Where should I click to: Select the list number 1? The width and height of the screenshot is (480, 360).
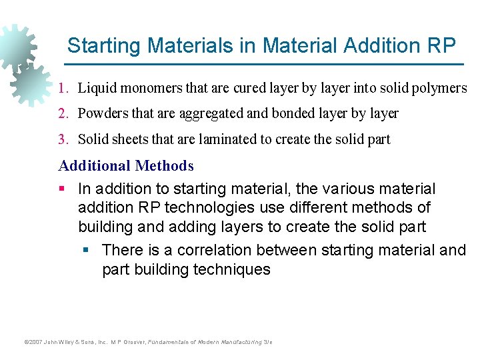[62, 88]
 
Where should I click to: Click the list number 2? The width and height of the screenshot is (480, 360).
[62, 113]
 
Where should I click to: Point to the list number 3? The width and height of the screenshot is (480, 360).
[62, 139]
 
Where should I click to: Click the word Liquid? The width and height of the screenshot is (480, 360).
[96, 88]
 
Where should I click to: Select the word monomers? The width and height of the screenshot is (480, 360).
[147, 88]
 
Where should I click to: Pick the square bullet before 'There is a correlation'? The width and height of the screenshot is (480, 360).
[86, 251]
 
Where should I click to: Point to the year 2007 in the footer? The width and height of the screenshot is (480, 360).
[32, 342]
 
